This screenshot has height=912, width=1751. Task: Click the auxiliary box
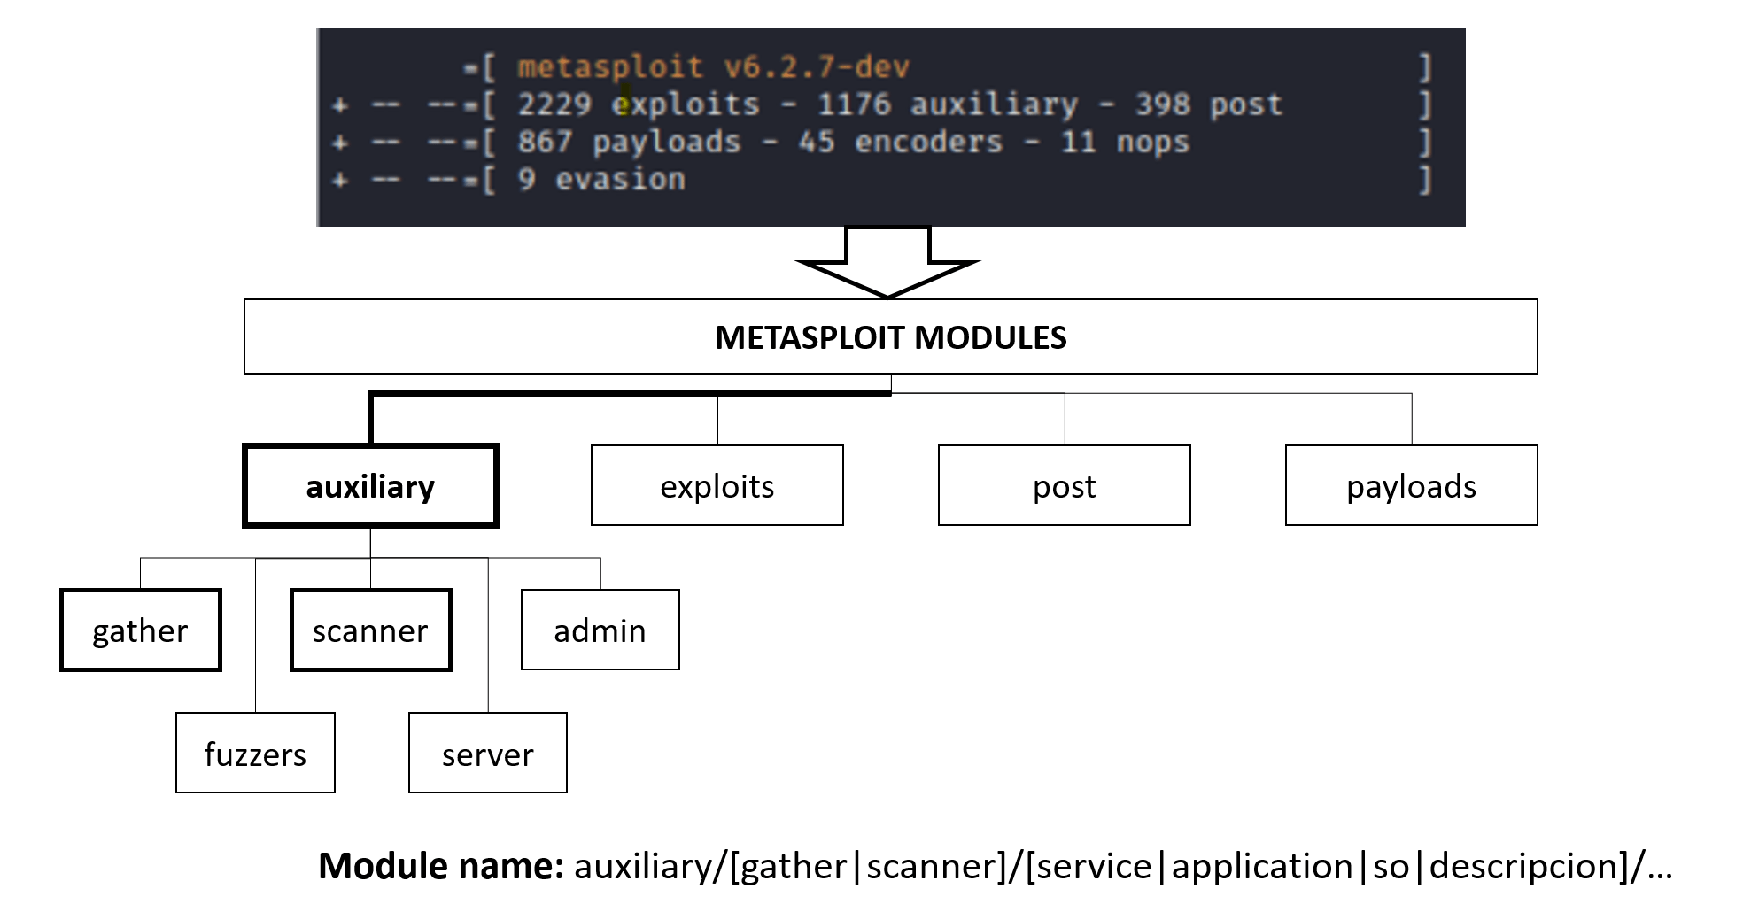pos(370,486)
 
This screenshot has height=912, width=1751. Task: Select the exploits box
pos(717,486)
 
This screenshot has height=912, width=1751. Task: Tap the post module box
pos(1064,486)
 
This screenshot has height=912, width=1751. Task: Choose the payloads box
pos(1411,486)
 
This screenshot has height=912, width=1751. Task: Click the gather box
pos(140,630)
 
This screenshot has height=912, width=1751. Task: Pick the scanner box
pos(370,630)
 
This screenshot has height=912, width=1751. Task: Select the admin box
pos(600,630)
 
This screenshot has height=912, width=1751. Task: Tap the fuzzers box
pos(255,754)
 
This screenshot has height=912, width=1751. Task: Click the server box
pos(487,754)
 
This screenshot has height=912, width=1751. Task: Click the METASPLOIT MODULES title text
pos(890,337)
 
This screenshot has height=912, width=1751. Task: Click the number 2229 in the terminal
pos(554,104)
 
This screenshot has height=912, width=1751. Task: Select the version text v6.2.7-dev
pos(816,67)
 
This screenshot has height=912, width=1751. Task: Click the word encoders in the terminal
pos(928,142)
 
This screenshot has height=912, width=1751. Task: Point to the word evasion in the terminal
pos(620,180)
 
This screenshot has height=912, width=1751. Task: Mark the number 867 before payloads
pos(545,142)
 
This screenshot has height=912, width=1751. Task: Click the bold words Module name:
pos(440,866)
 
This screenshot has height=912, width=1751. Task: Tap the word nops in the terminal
pos(1152,142)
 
